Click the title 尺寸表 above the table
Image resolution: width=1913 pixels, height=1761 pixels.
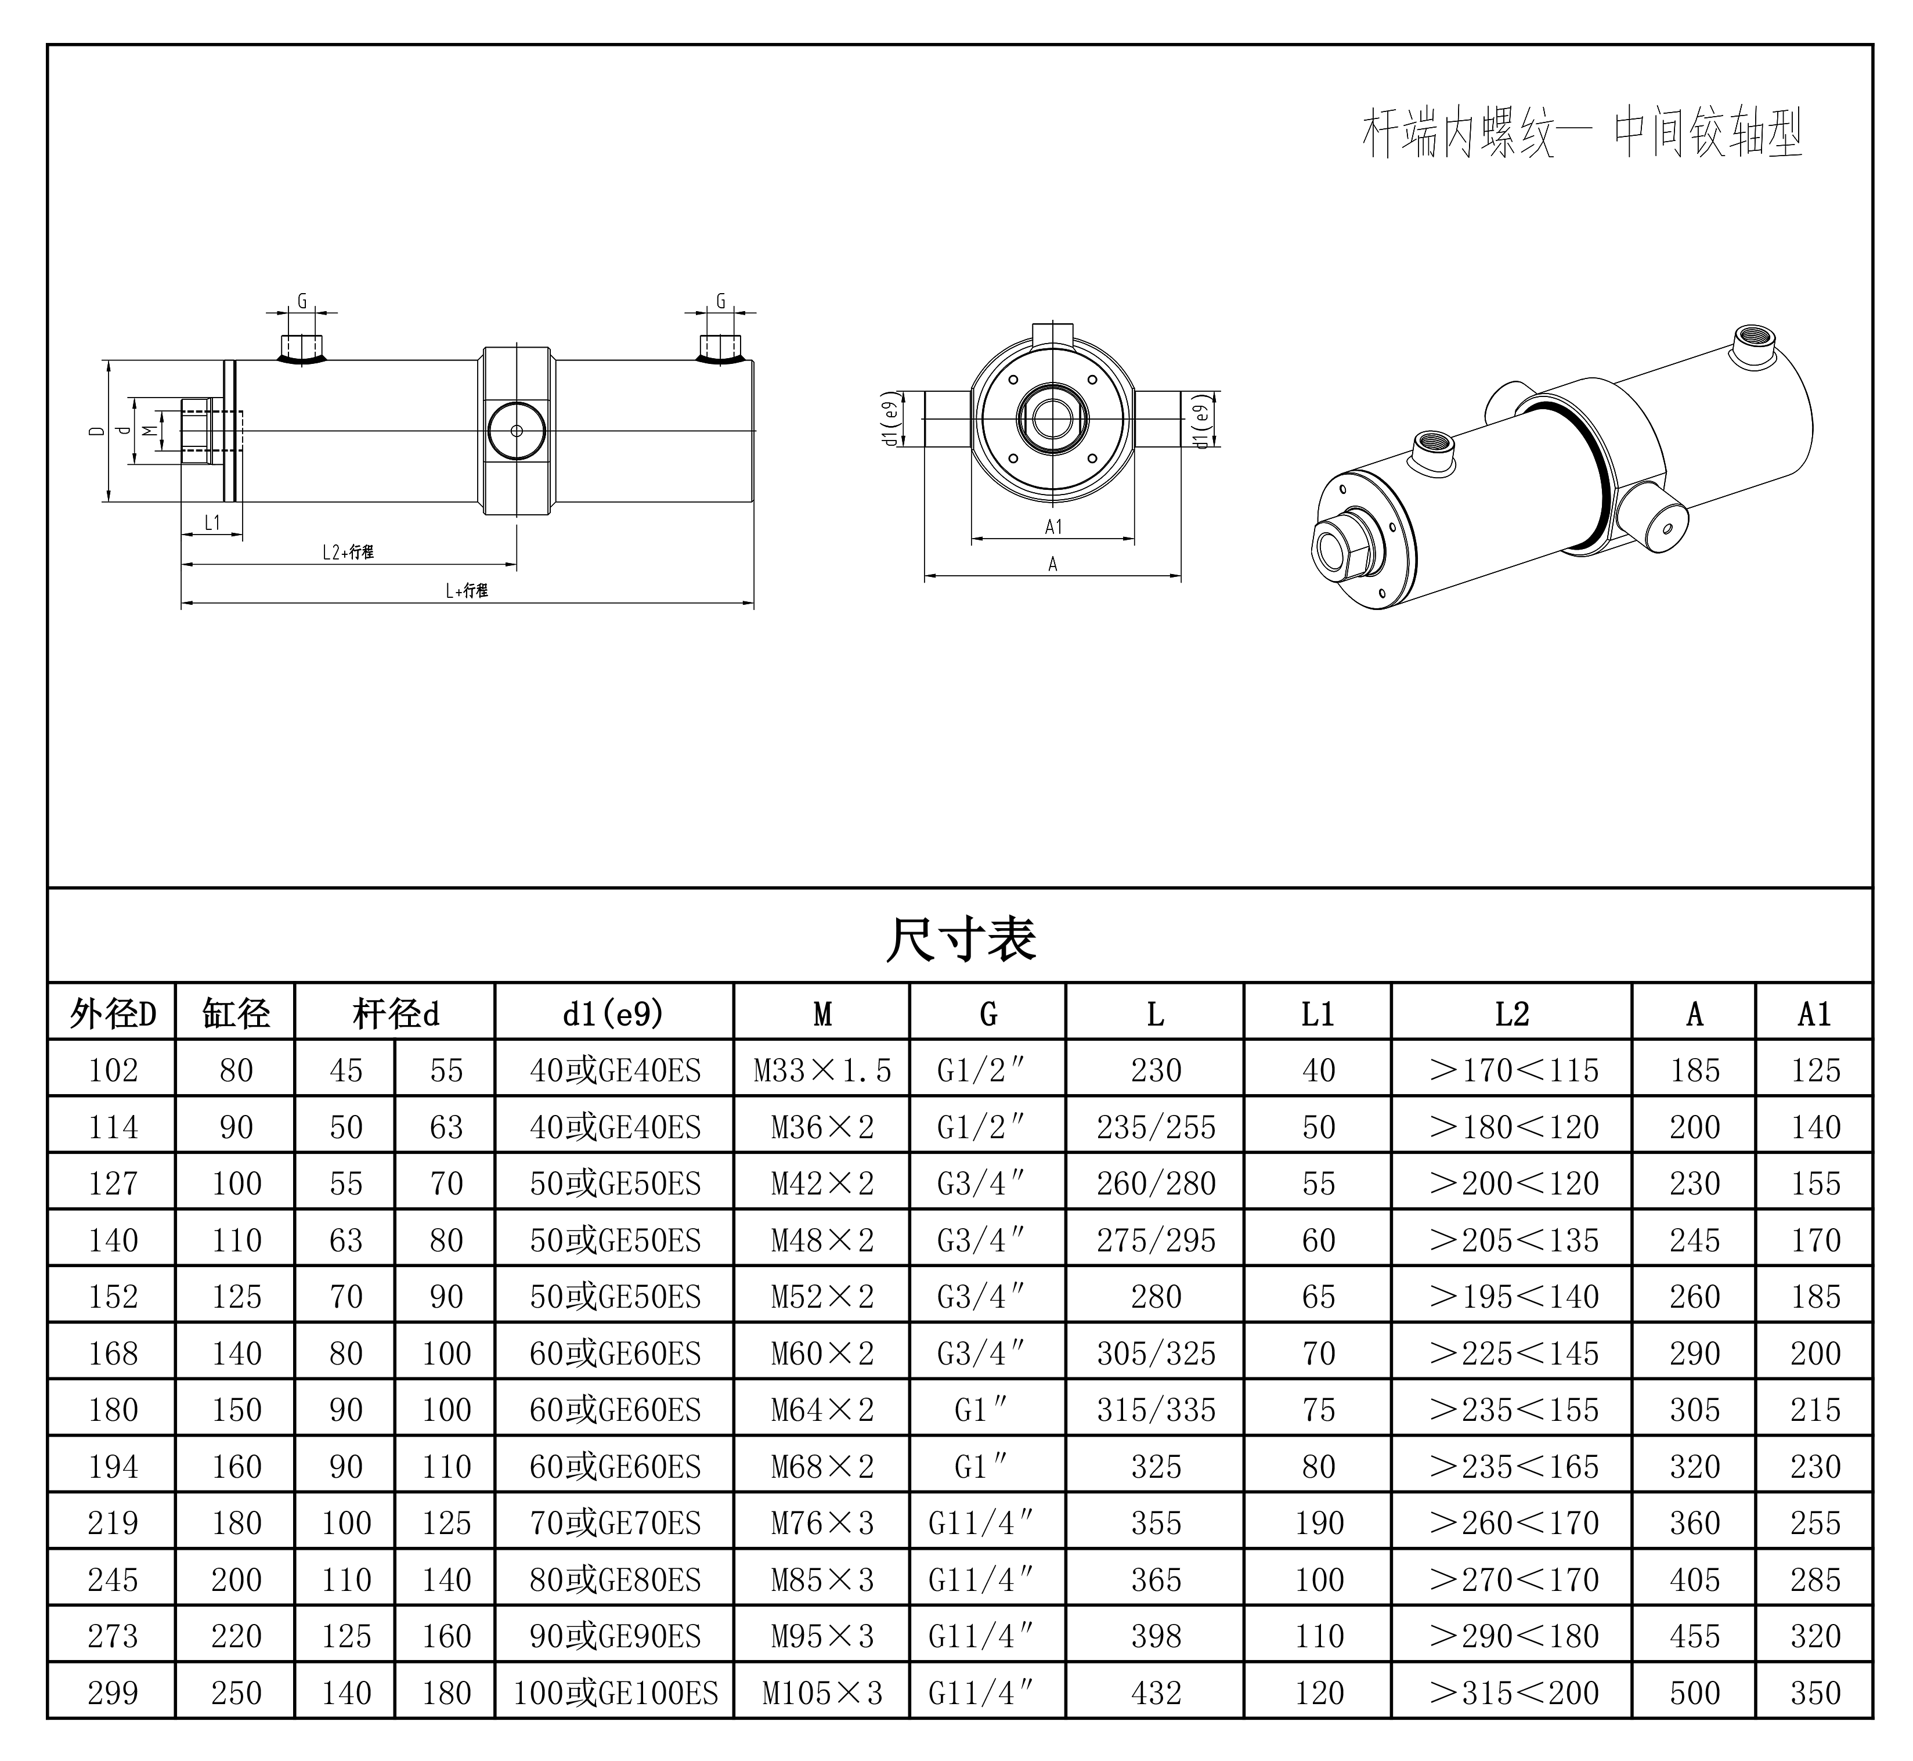click(x=961, y=939)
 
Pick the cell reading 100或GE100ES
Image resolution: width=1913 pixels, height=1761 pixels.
click(x=615, y=1693)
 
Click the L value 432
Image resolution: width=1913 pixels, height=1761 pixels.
click(x=1156, y=1693)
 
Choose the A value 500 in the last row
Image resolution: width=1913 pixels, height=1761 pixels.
click(x=1694, y=1693)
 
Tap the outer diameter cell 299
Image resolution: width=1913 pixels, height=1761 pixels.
click(x=113, y=1693)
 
